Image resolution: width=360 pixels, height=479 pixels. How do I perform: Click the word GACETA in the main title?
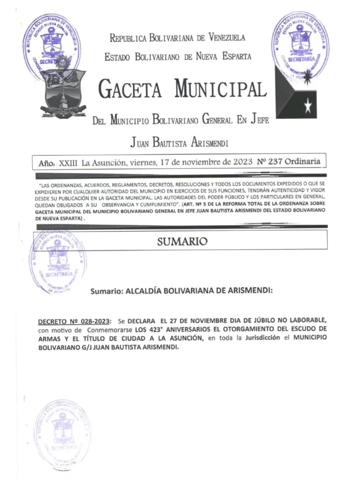131,88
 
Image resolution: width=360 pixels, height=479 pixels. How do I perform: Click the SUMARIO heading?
182,242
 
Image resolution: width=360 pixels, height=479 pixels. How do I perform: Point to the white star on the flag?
307,107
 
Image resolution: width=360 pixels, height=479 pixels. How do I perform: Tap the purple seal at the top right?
300,44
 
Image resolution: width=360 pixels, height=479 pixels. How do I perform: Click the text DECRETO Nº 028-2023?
74,320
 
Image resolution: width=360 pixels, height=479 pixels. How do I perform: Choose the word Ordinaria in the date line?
303,162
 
